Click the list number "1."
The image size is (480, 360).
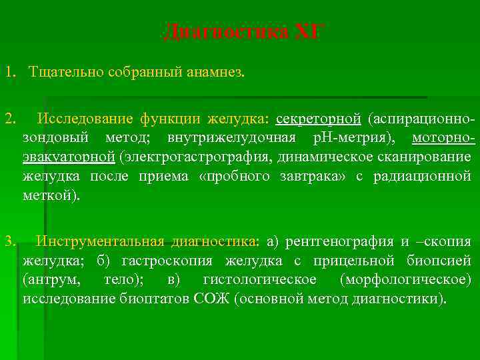(9, 71)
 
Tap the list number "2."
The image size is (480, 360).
(9, 119)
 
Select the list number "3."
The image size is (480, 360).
(9, 241)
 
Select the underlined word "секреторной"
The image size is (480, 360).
(318, 119)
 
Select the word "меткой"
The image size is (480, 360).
(48, 195)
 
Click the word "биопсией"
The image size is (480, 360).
(440, 260)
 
